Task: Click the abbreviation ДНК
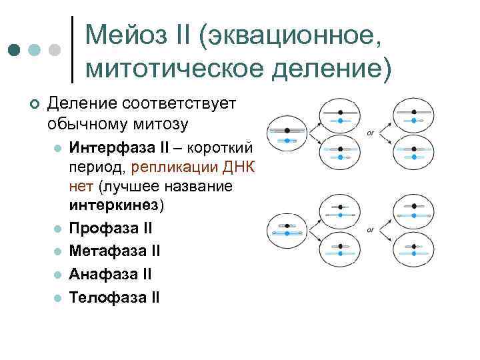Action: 241,167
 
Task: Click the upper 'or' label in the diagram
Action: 371,133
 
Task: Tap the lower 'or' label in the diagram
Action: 371,230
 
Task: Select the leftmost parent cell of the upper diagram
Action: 287,135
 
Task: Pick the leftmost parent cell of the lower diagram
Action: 287,231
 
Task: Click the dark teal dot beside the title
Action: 14,50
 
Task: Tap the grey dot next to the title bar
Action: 55,50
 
